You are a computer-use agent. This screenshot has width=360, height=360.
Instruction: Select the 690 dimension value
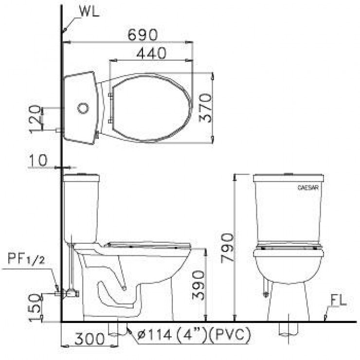pos(143,35)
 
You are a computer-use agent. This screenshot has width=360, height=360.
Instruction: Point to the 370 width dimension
pos(206,108)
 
